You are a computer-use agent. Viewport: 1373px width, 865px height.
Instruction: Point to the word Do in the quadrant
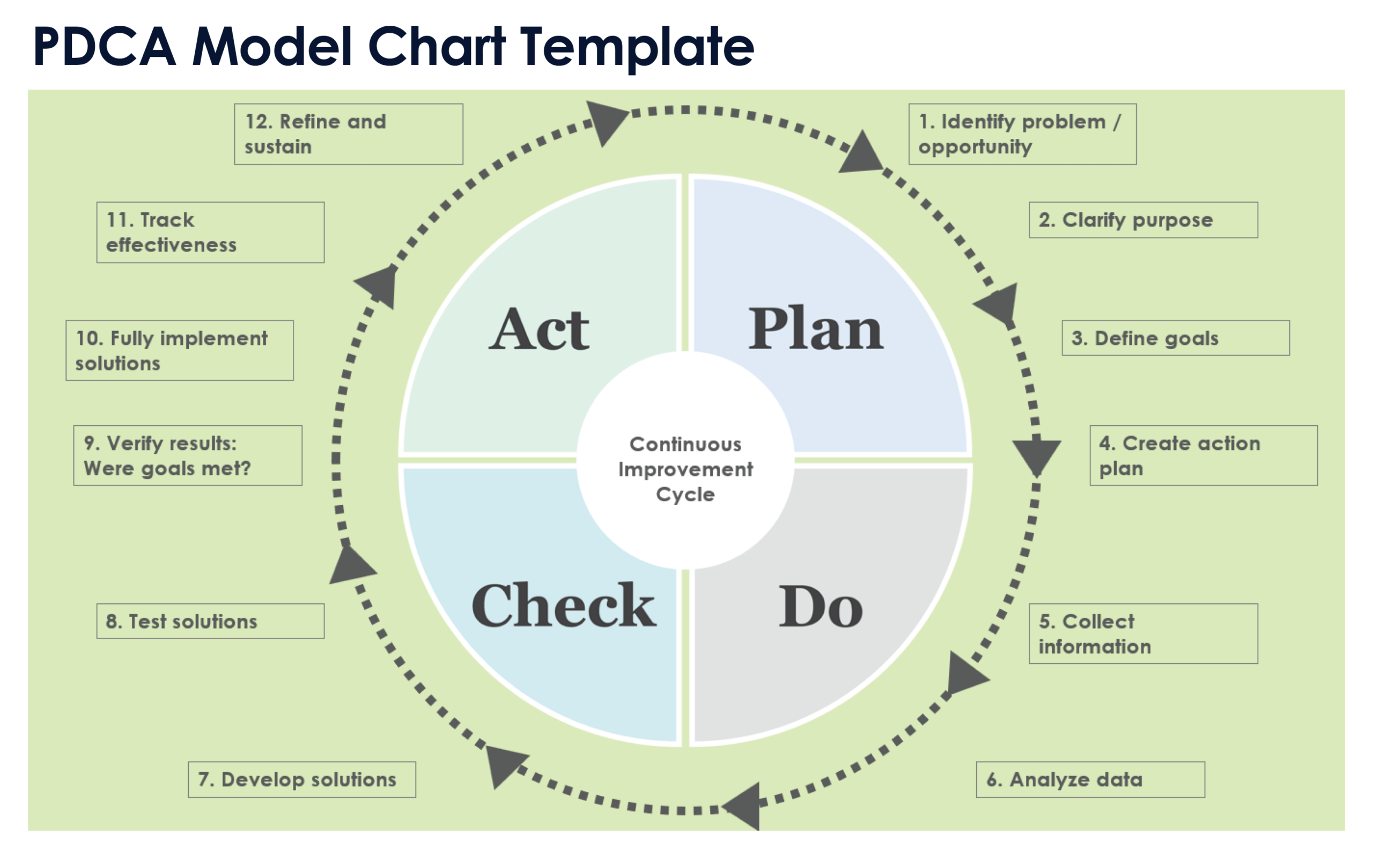coord(821,607)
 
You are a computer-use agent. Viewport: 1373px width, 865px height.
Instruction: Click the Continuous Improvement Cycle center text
coord(685,469)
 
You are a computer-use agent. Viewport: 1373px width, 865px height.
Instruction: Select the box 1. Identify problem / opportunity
coord(1022,134)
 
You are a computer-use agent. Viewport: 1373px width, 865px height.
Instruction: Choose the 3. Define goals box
coord(1175,338)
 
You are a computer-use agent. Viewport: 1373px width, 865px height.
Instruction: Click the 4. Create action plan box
coord(1203,456)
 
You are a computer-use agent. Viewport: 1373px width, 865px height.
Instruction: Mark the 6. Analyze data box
coord(1090,780)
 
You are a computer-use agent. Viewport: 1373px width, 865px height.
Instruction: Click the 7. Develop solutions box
coord(301,780)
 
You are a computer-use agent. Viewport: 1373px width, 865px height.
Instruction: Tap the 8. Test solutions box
coord(210,621)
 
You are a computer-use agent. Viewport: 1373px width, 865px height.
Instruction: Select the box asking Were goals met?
coord(188,456)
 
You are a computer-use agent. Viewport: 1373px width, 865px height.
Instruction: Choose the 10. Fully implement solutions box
coord(180,350)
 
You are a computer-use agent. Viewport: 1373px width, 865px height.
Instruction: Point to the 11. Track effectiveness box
coord(210,232)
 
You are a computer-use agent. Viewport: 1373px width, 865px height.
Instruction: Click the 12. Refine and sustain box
coord(349,134)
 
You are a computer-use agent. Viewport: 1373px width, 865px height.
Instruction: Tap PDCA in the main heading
coord(105,47)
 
